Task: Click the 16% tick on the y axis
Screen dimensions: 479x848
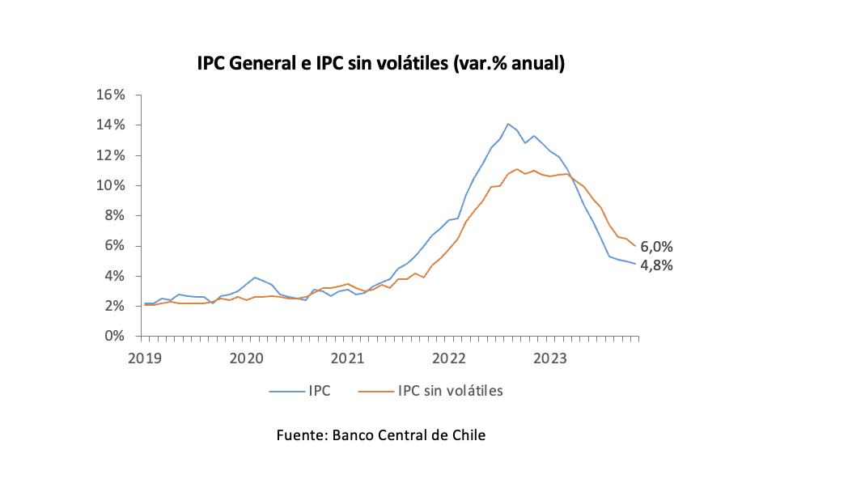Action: click(x=112, y=95)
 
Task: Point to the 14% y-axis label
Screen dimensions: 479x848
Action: click(x=112, y=125)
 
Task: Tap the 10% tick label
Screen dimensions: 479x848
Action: click(x=112, y=185)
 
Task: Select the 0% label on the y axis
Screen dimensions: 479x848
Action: click(x=115, y=337)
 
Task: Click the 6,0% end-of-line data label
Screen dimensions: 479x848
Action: click(x=657, y=248)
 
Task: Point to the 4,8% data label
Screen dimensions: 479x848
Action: click(x=657, y=265)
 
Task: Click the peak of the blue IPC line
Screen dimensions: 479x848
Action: click(x=508, y=124)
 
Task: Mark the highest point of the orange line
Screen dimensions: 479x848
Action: click(x=517, y=169)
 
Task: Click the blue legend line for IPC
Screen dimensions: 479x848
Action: click(x=286, y=392)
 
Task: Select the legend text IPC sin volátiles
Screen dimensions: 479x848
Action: click(x=451, y=392)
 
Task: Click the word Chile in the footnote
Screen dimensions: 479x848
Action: click(x=469, y=435)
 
